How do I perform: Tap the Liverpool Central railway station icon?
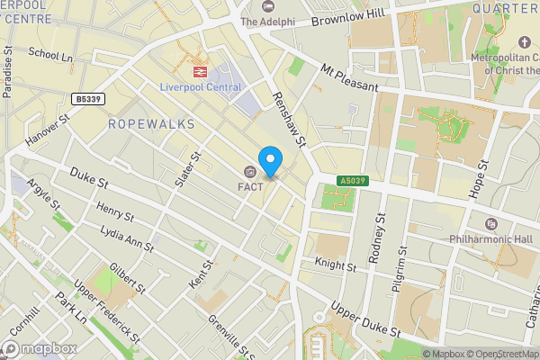point(193,69)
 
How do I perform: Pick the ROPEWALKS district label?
point(150,124)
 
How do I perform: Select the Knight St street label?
point(336,264)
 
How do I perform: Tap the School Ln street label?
point(50,55)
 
